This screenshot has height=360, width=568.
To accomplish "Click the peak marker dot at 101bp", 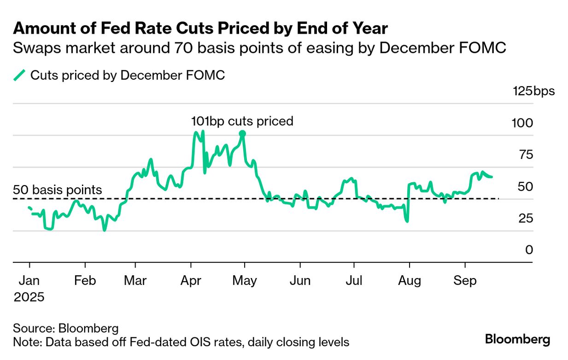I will pyautogui.click(x=243, y=134).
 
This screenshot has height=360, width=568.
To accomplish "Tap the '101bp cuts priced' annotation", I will pyautogui.click(x=242, y=121).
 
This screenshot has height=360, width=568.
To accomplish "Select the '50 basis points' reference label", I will pyautogui.click(x=58, y=190).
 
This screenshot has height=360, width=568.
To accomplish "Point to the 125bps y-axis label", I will pyautogui.click(x=534, y=91).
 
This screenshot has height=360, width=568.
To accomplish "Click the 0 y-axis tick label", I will pyautogui.click(x=528, y=250).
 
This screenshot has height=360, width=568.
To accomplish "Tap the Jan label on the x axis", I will pyautogui.click(x=30, y=280).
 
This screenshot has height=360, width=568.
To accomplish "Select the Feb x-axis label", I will pyautogui.click(x=85, y=280).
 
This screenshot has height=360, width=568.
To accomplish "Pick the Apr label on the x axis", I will pyautogui.click(x=191, y=280).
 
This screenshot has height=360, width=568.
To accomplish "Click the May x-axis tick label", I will pyautogui.click(x=245, y=280).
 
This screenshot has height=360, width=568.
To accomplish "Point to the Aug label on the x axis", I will pyautogui.click(x=409, y=280).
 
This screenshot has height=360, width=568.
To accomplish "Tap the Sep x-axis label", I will pyautogui.click(x=465, y=280).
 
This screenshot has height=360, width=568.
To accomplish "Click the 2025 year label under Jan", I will pyautogui.click(x=29, y=297).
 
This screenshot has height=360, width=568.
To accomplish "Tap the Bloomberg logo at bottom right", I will pyautogui.click(x=517, y=340).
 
